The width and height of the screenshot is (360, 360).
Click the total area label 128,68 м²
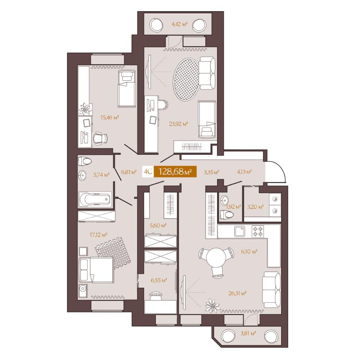pyautogui.click(x=175, y=171)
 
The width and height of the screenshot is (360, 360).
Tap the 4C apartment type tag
pyautogui.click(x=148, y=172)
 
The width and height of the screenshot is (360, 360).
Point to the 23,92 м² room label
pyautogui.click(x=179, y=124)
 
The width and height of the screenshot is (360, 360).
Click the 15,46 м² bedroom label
pyautogui.click(x=110, y=118)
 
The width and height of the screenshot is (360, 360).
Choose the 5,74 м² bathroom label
pyautogui.click(x=101, y=175)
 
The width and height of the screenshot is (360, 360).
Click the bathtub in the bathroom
pyautogui.click(x=95, y=199)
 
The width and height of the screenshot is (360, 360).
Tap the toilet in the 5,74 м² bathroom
pyautogui.click(x=85, y=161)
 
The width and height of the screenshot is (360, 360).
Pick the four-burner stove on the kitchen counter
pyautogui.click(x=258, y=231)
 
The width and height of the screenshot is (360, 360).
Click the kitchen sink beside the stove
pyautogui.click(x=240, y=231)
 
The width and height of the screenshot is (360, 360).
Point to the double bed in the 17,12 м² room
pyautogui.click(x=96, y=270)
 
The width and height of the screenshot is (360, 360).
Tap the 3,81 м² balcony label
pyautogui.click(x=248, y=333)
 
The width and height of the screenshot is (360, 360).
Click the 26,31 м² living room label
pyautogui.click(x=237, y=293)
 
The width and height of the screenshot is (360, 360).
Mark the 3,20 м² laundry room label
pyautogui.click(x=255, y=207)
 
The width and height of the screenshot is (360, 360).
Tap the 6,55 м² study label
pyautogui.click(x=159, y=280)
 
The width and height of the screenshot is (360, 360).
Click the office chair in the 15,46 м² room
pyautogui.click(x=100, y=139)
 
